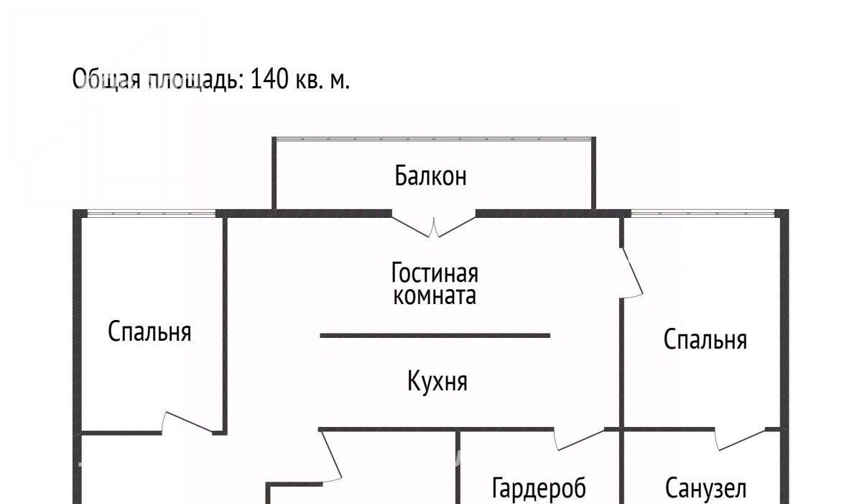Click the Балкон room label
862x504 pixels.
pyautogui.click(x=430, y=175)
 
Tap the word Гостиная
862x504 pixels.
pyautogui.click(x=435, y=272)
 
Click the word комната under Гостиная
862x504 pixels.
pyautogui.click(x=435, y=295)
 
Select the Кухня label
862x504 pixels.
pyautogui.click(x=437, y=382)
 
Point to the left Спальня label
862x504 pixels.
pyautogui.click(x=149, y=331)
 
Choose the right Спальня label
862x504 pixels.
pyautogui.click(x=705, y=339)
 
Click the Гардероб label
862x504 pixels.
pyautogui.click(x=539, y=488)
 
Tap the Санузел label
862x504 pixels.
pyautogui.click(x=705, y=489)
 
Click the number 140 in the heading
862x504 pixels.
pyautogui.click(x=269, y=79)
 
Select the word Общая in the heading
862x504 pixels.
pyautogui.click(x=106, y=80)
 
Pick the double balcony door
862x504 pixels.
pyautogui.click(x=434, y=226)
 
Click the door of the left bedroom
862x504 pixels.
pyautogui.click(x=187, y=423)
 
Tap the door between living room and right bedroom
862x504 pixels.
pyautogui.click(x=631, y=272)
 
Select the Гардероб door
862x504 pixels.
pyautogui.click(x=579, y=439)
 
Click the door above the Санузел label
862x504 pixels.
pyautogui.click(x=740, y=439)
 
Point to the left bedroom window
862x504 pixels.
pyautogui.click(x=152, y=213)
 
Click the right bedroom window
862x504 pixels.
pyautogui.click(x=703, y=213)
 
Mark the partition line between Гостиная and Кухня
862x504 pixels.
pyautogui.click(x=435, y=336)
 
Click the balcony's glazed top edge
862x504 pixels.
pyautogui.click(x=434, y=139)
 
